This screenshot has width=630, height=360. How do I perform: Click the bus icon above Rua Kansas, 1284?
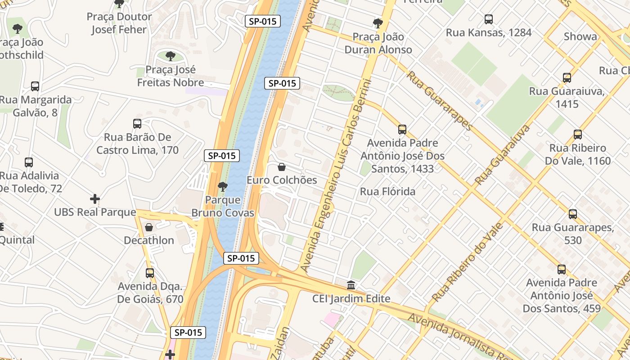coord(488,19)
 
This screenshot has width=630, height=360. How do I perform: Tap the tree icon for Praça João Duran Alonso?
coord(378,23)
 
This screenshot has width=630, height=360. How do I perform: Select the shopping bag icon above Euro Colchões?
coord(282,167)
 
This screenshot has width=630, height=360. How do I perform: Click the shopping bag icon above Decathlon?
coord(149,227)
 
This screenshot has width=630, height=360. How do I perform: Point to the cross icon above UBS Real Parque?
coord(95,199)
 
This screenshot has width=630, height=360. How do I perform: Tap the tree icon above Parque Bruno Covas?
coord(222,187)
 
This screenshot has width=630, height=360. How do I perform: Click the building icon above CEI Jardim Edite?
coord(351,285)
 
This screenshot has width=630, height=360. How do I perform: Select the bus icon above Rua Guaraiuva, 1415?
coord(567,78)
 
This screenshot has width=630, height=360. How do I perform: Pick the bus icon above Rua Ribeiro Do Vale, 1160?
coord(578,135)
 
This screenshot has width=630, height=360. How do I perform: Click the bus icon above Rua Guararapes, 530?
coord(572,214)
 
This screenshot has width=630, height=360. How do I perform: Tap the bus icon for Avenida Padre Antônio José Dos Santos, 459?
coord(561,270)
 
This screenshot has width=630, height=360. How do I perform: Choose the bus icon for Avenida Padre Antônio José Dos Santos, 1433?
coord(402,130)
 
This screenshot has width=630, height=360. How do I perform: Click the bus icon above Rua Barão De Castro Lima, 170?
coord(137,124)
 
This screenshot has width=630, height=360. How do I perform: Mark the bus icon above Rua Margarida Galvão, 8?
coord(35,86)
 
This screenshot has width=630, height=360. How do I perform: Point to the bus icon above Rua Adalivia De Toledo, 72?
coord(29,162)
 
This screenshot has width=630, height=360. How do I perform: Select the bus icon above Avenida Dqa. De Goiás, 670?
coord(150,273)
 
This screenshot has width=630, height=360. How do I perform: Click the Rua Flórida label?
coord(387,192)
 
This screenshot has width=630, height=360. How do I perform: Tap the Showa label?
coord(580,36)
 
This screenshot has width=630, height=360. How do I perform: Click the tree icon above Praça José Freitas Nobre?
coord(170,56)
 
